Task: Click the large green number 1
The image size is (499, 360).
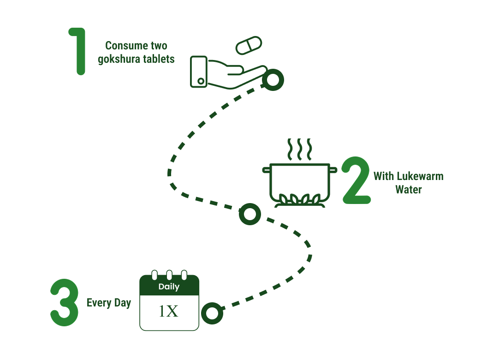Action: pos(79,51)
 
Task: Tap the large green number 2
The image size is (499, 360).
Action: pos(356,181)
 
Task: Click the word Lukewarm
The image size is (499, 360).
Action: pos(420,176)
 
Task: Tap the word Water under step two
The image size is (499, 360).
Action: pos(409,189)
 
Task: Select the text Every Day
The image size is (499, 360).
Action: pos(109,303)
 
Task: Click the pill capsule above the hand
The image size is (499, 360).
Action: pos(249,45)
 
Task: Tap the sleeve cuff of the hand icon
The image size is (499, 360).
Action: pos(199,72)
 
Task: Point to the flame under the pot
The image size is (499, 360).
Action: pos(297,200)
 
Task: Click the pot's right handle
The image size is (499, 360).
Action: pos(333,169)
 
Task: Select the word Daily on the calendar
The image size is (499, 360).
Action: pos(169,287)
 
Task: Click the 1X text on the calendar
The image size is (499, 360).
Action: pos(169,312)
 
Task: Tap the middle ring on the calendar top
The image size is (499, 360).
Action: pos(169,275)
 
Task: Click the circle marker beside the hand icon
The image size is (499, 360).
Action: pos(273,80)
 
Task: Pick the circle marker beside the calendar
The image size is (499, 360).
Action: pos(212,313)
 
